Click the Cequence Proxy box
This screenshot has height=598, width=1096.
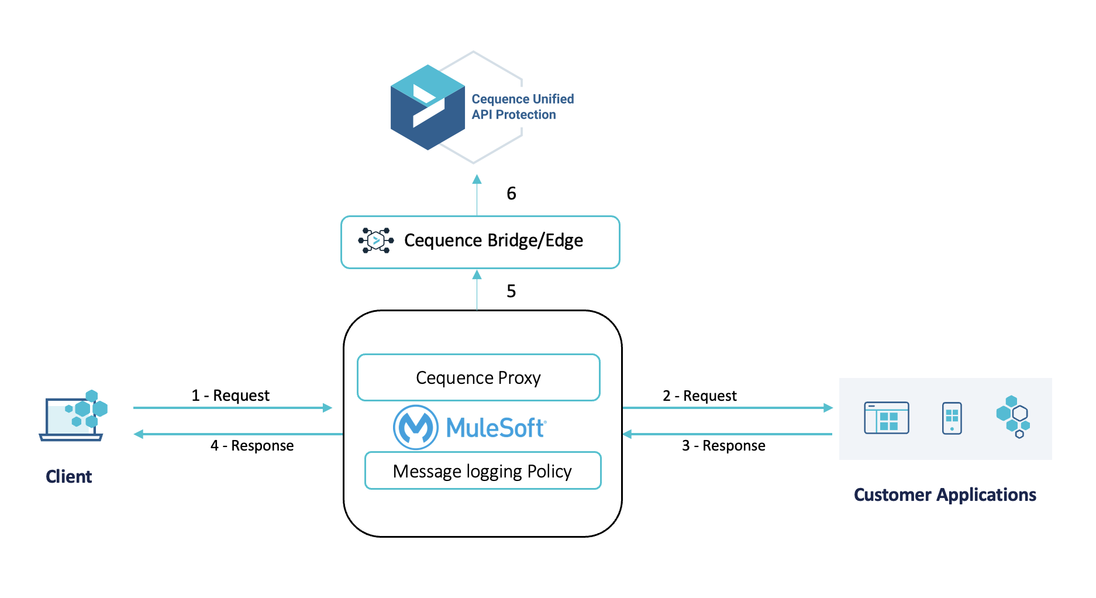478,377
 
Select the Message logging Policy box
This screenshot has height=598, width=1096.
482,471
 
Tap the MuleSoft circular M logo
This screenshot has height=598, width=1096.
415,428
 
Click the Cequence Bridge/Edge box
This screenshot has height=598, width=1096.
480,242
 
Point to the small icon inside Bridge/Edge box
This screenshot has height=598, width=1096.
375,240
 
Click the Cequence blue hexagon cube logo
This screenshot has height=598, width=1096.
428,108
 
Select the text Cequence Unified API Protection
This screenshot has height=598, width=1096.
522,106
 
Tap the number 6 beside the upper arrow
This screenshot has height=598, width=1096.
511,194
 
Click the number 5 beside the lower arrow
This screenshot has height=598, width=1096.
511,291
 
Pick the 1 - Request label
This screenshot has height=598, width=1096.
230,396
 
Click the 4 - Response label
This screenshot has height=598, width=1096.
251,446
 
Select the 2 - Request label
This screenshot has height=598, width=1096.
699,396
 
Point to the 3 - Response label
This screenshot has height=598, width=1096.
723,446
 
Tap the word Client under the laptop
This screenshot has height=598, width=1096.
68,477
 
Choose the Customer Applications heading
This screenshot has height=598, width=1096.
945,495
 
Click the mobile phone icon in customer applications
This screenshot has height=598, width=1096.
952,418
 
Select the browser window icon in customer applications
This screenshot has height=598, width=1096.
886,418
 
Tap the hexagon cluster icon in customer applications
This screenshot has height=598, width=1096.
1014,417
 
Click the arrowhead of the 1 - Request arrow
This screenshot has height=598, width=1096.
328,408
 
